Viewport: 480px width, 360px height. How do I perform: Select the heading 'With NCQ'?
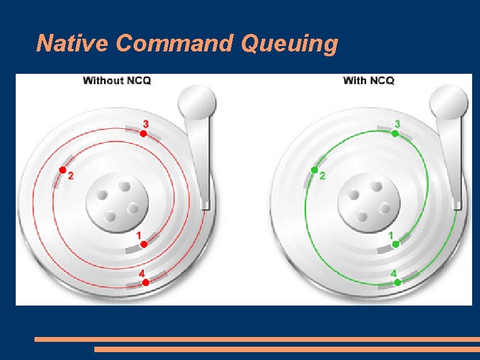(369, 80)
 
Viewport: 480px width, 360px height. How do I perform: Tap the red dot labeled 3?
(143, 134)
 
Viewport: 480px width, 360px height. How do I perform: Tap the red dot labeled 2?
(62, 170)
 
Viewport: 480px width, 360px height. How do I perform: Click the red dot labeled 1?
(144, 244)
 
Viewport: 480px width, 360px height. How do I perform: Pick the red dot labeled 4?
(146, 283)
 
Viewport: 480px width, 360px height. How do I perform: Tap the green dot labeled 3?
(395, 134)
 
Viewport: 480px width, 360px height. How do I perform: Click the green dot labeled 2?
(314, 170)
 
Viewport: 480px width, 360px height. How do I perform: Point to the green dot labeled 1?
(395, 244)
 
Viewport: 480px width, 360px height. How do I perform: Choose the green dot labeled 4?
(397, 283)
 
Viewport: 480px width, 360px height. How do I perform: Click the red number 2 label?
(71, 177)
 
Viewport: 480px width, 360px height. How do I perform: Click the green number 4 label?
(394, 273)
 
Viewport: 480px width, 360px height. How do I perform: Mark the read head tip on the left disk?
(205, 204)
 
